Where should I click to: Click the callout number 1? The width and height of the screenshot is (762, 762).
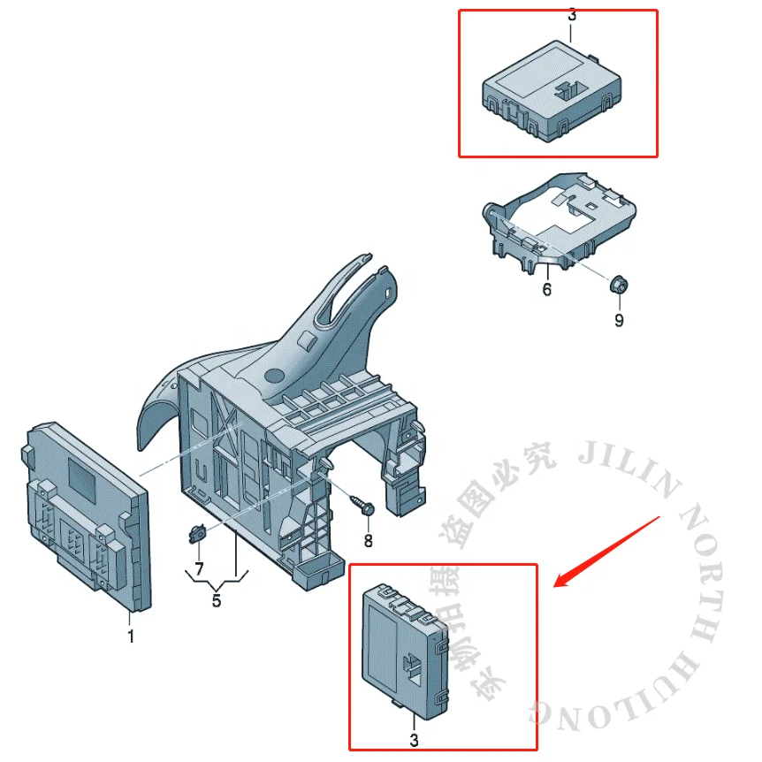click(x=131, y=636)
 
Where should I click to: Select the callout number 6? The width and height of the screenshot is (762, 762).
click(x=546, y=289)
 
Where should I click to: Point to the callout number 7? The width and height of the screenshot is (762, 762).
click(x=199, y=566)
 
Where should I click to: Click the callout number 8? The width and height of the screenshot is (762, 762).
click(x=368, y=540)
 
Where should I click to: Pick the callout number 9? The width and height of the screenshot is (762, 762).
click(x=618, y=320)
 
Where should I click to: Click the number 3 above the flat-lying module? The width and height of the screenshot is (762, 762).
click(x=571, y=15)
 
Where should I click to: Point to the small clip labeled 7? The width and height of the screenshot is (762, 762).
click(x=196, y=533)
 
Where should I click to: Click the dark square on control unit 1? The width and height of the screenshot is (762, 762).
click(x=85, y=478)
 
